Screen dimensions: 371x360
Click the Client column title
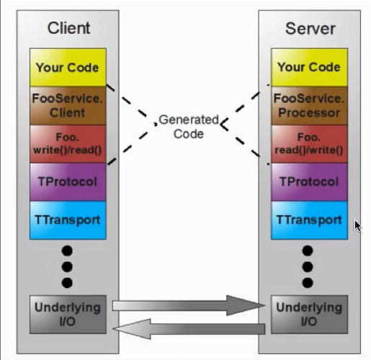pos(68,28)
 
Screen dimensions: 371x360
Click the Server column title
pos(310,29)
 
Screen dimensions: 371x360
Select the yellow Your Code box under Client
pos(68,67)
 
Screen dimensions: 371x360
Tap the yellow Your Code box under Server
pos(309,67)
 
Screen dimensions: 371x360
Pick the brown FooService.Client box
pos(68,106)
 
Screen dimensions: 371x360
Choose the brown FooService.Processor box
pos(309,106)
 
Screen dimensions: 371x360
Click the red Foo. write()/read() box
pos(68,144)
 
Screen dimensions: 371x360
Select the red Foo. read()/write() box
pos(309,144)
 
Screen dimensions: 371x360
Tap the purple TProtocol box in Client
pos(68,182)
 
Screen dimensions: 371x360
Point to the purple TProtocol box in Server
pos(309,182)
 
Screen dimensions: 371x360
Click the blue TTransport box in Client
pos(68,220)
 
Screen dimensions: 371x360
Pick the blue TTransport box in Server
pos(309,220)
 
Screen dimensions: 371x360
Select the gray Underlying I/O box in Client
pos(68,315)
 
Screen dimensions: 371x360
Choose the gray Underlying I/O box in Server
pos(309,315)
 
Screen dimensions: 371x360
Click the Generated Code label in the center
pos(189,127)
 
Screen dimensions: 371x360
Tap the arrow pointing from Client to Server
pos(189,305)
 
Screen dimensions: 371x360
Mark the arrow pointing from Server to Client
pos(189,329)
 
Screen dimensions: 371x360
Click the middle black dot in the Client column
pos(67,266)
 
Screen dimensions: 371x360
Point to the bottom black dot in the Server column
pos(308,283)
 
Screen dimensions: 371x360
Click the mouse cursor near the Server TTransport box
pos(358,226)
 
